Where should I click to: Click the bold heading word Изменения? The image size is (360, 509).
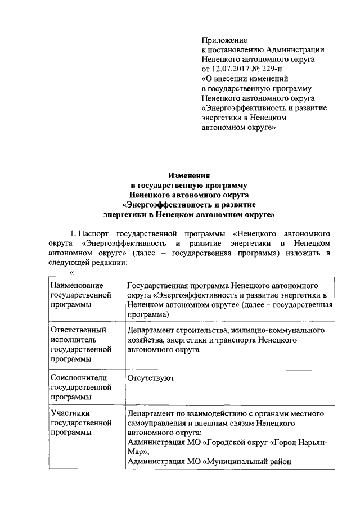[189, 175]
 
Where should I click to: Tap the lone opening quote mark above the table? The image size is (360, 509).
[71, 272]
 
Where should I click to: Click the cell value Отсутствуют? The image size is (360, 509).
[151, 378]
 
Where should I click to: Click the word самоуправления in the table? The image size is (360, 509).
[159, 422]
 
